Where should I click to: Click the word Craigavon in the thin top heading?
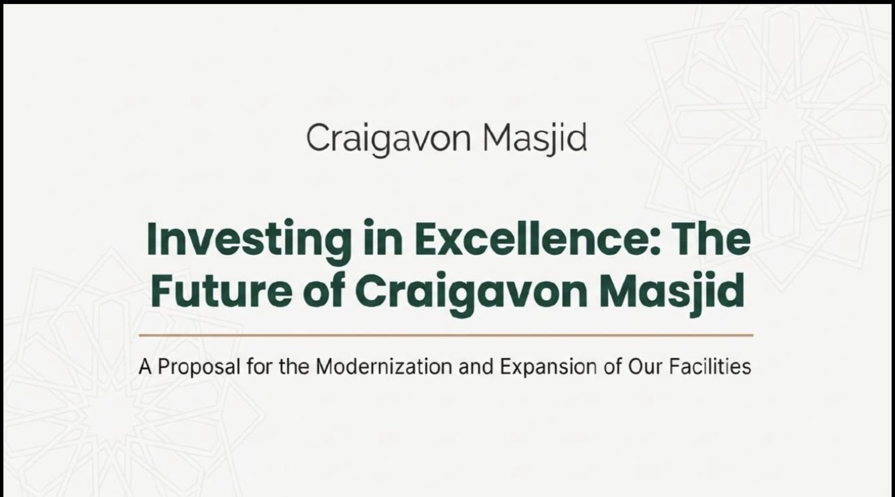(x=388, y=138)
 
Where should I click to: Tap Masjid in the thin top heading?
(x=535, y=138)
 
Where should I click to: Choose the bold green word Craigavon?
(x=471, y=293)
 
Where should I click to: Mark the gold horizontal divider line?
(x=446, y=335)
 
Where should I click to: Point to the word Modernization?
(x=384, y=367)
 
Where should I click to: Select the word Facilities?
(x=710, y=367)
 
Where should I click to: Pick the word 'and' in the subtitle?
(x=476, y=367)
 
